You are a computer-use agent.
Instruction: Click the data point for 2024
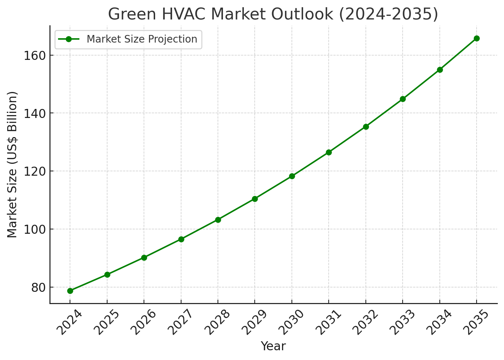coord(70,291)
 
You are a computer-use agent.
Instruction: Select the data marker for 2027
coord(181,239)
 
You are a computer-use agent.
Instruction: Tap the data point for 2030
coord(292,176)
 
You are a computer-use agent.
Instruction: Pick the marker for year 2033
coord(403,99)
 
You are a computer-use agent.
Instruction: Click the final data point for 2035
coord(477,38)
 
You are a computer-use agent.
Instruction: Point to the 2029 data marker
coord(255,199)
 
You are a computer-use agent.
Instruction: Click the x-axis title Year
coord(273,346)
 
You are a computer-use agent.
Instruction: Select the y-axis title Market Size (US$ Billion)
coord(12,164)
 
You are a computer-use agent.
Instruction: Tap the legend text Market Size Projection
coord(142,39)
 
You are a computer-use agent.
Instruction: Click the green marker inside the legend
coord(68,39)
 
